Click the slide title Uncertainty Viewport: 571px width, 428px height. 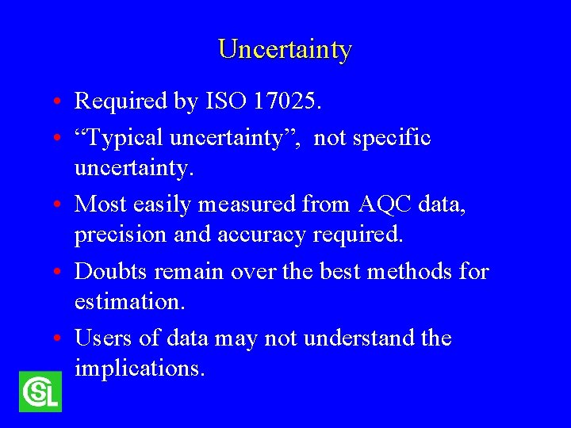point(285,49)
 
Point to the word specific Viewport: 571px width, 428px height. point(389,139)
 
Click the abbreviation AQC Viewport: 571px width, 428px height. point(385,205)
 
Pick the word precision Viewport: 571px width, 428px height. point(125,235)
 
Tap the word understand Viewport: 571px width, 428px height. point(354,338)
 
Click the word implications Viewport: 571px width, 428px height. point(139,369)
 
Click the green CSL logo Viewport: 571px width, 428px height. point(40,392)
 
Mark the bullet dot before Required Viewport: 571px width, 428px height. point(60,102)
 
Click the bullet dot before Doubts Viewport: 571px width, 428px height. point(60,273)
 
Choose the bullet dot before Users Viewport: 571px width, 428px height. point(60,340)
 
